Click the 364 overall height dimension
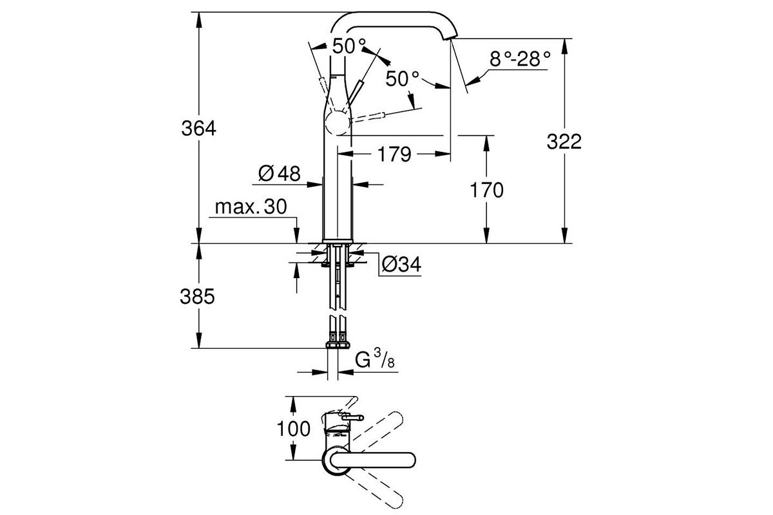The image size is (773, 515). coord(199,128)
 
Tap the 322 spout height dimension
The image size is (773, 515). coord(564,142)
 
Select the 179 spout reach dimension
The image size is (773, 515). coord(394,154)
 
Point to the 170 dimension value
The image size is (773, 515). coord(486,190)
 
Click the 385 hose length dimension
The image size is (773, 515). coord(197,296)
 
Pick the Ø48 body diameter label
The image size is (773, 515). coord(280,173)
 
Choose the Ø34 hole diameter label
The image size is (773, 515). coord(401,265)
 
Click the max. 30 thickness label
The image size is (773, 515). coord(251,207)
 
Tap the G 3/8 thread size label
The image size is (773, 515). coord(375,359)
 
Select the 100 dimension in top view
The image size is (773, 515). coord(294,429)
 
